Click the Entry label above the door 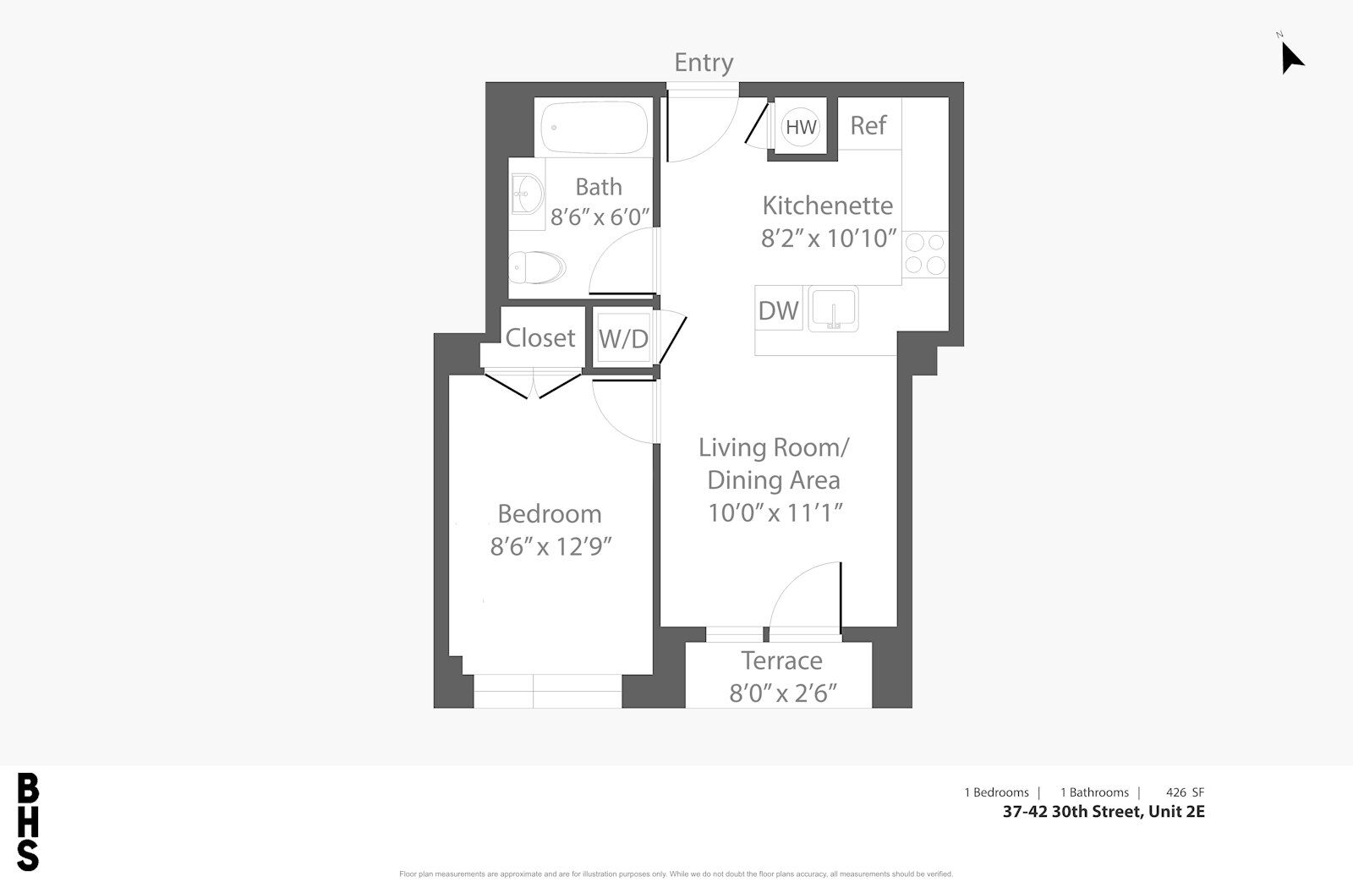click(x=704, y=63)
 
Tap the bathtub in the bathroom click(x=594, y=128)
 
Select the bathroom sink click(x=527, y=194)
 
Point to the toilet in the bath click(x=536, y=267)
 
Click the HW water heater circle click(x=801, y=127)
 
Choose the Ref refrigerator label click(x=868, y=126)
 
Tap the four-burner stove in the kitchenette click(x=925, y=254)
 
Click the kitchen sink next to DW click(x=834, y=310)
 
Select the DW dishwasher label click(x=779, y=311)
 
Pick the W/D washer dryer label click(x=623, y=339)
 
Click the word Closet click(x=540, y=337)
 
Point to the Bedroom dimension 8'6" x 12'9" click(x=551, y=547)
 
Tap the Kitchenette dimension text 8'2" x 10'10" click(x=828, y=238)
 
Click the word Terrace click(x=781, y=661)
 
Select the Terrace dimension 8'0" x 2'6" click(x=783, y=693)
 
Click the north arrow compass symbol click(x=1292, y=58)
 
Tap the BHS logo click(x=28, y=822)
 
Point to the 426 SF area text click(x=1185, y=792)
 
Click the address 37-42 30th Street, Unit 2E click(x=1104, y=811)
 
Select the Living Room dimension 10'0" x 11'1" click(x=775, y=513)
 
